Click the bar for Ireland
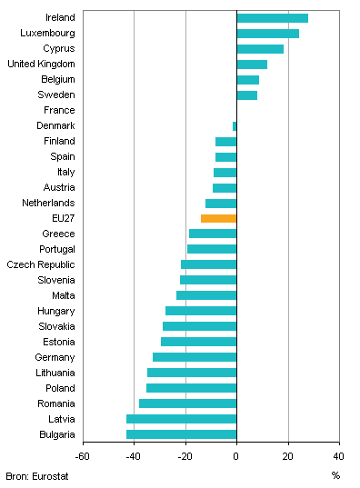click(272, 18)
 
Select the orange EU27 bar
click(218, 218)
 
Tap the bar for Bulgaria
click(181, 434)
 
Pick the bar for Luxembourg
click(267, 34)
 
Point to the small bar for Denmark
click(235, 125)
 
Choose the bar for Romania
click(187, 403)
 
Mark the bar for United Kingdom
click(252, 65)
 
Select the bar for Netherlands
click(221, 203)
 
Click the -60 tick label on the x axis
click(83, 456)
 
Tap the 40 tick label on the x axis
click(339, 456)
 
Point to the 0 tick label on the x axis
click(236, 456)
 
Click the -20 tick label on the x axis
click(185, 456)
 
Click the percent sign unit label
click(335, 475)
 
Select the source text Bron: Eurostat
click(37, 475)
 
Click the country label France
click(58, 110)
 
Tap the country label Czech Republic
click(41, 264)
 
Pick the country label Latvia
click(61, 419)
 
